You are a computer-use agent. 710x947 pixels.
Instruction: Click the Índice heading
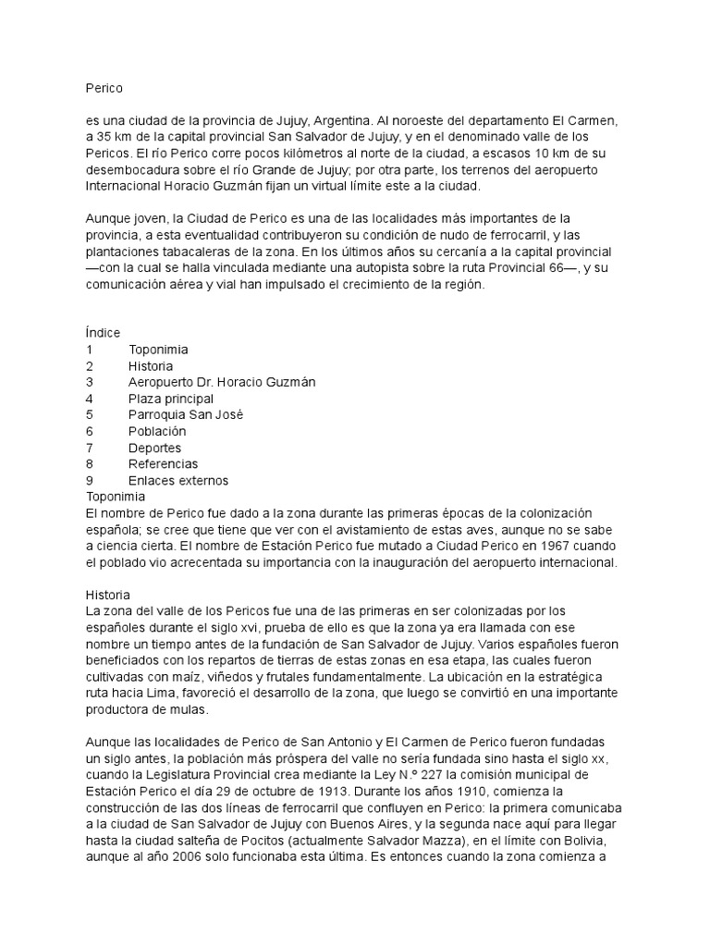click(102, 333)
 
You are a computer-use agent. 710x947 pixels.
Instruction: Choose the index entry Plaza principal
click(171, 399)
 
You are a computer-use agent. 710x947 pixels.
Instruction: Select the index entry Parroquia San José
click(186, 414)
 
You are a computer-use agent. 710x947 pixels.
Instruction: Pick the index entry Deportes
click(155, 448)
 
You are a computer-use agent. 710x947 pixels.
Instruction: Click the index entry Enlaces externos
click(178, 480)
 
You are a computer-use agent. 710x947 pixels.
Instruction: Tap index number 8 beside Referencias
click(89, 463)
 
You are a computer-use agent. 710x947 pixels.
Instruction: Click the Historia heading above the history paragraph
click(107, 595)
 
